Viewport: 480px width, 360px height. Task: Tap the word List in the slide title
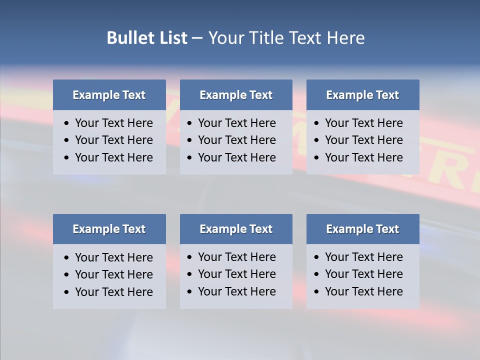click(x=171, y=38)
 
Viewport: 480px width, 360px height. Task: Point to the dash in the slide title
click(x=197, y=38)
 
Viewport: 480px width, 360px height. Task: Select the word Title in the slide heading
click(x=266, y=38)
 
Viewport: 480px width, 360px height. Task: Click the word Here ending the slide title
click(x=345, y=38)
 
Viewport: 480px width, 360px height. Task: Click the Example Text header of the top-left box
click(x=109, y=95)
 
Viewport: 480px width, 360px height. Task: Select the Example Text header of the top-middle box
click(x=236, y=95)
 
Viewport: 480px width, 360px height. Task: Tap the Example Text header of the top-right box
click(x=362, y=95)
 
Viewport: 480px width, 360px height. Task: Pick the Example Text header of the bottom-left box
click(x=109, y=229)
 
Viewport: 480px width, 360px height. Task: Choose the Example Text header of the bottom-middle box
click(x=236, y=229)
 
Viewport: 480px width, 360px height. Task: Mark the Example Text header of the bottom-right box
click(x=362, y=229)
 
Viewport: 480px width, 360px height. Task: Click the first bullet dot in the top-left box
click(x=67, y=123)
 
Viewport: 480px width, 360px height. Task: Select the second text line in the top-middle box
click(x=236, y=140)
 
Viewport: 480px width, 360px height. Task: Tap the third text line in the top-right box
click(x=363, y=157)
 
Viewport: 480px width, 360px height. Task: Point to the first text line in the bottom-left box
click(x=113, y=257)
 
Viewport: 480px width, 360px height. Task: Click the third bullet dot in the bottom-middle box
click(x=190, y=292)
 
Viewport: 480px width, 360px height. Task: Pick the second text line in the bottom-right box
click(x=363, y=274)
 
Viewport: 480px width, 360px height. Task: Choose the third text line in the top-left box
click(x=113, y=157)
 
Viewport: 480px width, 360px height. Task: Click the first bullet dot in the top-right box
click(x=317, y=123)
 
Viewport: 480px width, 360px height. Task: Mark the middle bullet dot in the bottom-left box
click(x=67, y=275)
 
